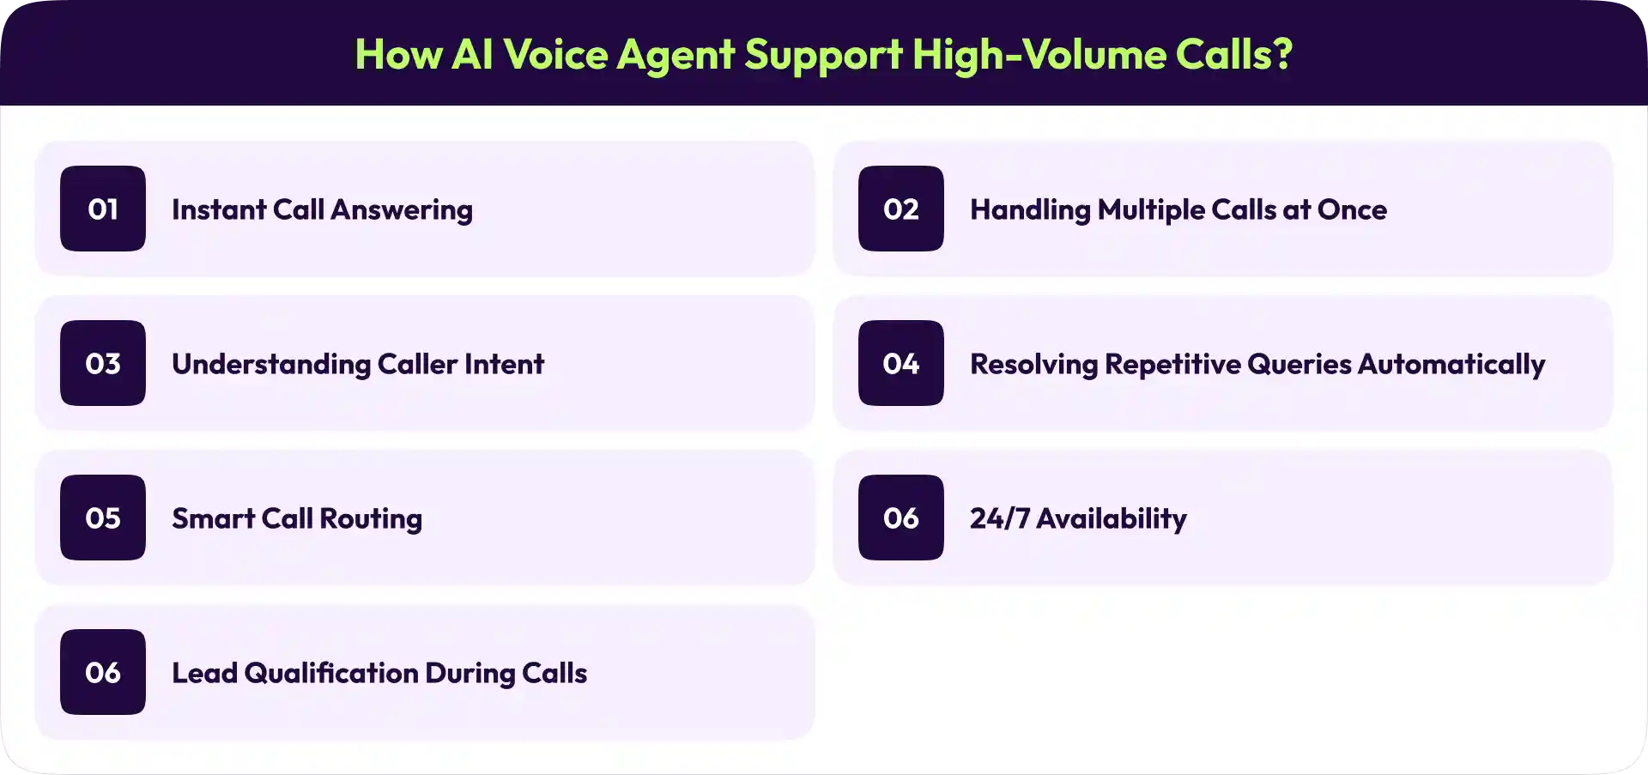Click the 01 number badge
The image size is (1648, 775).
pos(103,209)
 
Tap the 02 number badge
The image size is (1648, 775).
pos(900,209)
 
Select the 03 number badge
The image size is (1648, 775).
pos(103,363)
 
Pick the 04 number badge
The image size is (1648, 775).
pos(900,363)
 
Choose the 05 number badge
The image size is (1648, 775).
pos(103,518)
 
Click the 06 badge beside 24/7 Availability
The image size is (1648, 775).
pos(900,518)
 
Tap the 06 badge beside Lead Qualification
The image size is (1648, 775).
pos(103,672)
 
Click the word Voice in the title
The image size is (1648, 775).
pos(555,54)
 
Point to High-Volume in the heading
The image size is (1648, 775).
pos(1039,54)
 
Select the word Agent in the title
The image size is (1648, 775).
pos(676,56)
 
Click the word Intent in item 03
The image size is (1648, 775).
pos(505,364)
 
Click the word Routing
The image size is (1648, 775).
pos(371,519)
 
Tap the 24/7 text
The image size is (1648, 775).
pos(999,518)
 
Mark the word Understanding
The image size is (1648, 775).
pos(271,365)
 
